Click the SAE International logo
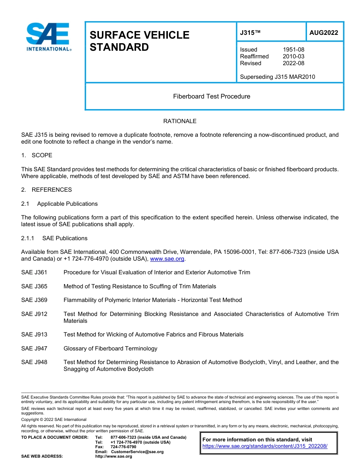pyautogui.click(x=48, y=37)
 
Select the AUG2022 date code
pyautogui.click(x=324, y=33)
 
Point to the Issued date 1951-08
pyautogui.click(x=293, y=50)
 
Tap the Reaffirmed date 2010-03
pyautogui.click(x=293, y=56)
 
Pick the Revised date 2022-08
pyautogui.click(x=293, y=63)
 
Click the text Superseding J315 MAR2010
pyautogui.click(x=277, y=77)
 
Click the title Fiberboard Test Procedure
pyautogui.click(x=211, y=96)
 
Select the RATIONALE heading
pyautogui.click(x=180, y=121)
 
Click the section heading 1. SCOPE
pyautogui.click(x=37, y=155)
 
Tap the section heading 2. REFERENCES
pyautogui.click(x=46, y=190)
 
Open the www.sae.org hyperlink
pyautogui.click(x=167, y=259)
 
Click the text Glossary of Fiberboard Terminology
pyautogui.click(x=110, y=349)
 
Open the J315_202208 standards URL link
pyautogui.click(x=265, y=446)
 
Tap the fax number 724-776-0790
pyautogui.click(x=123, y=447)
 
